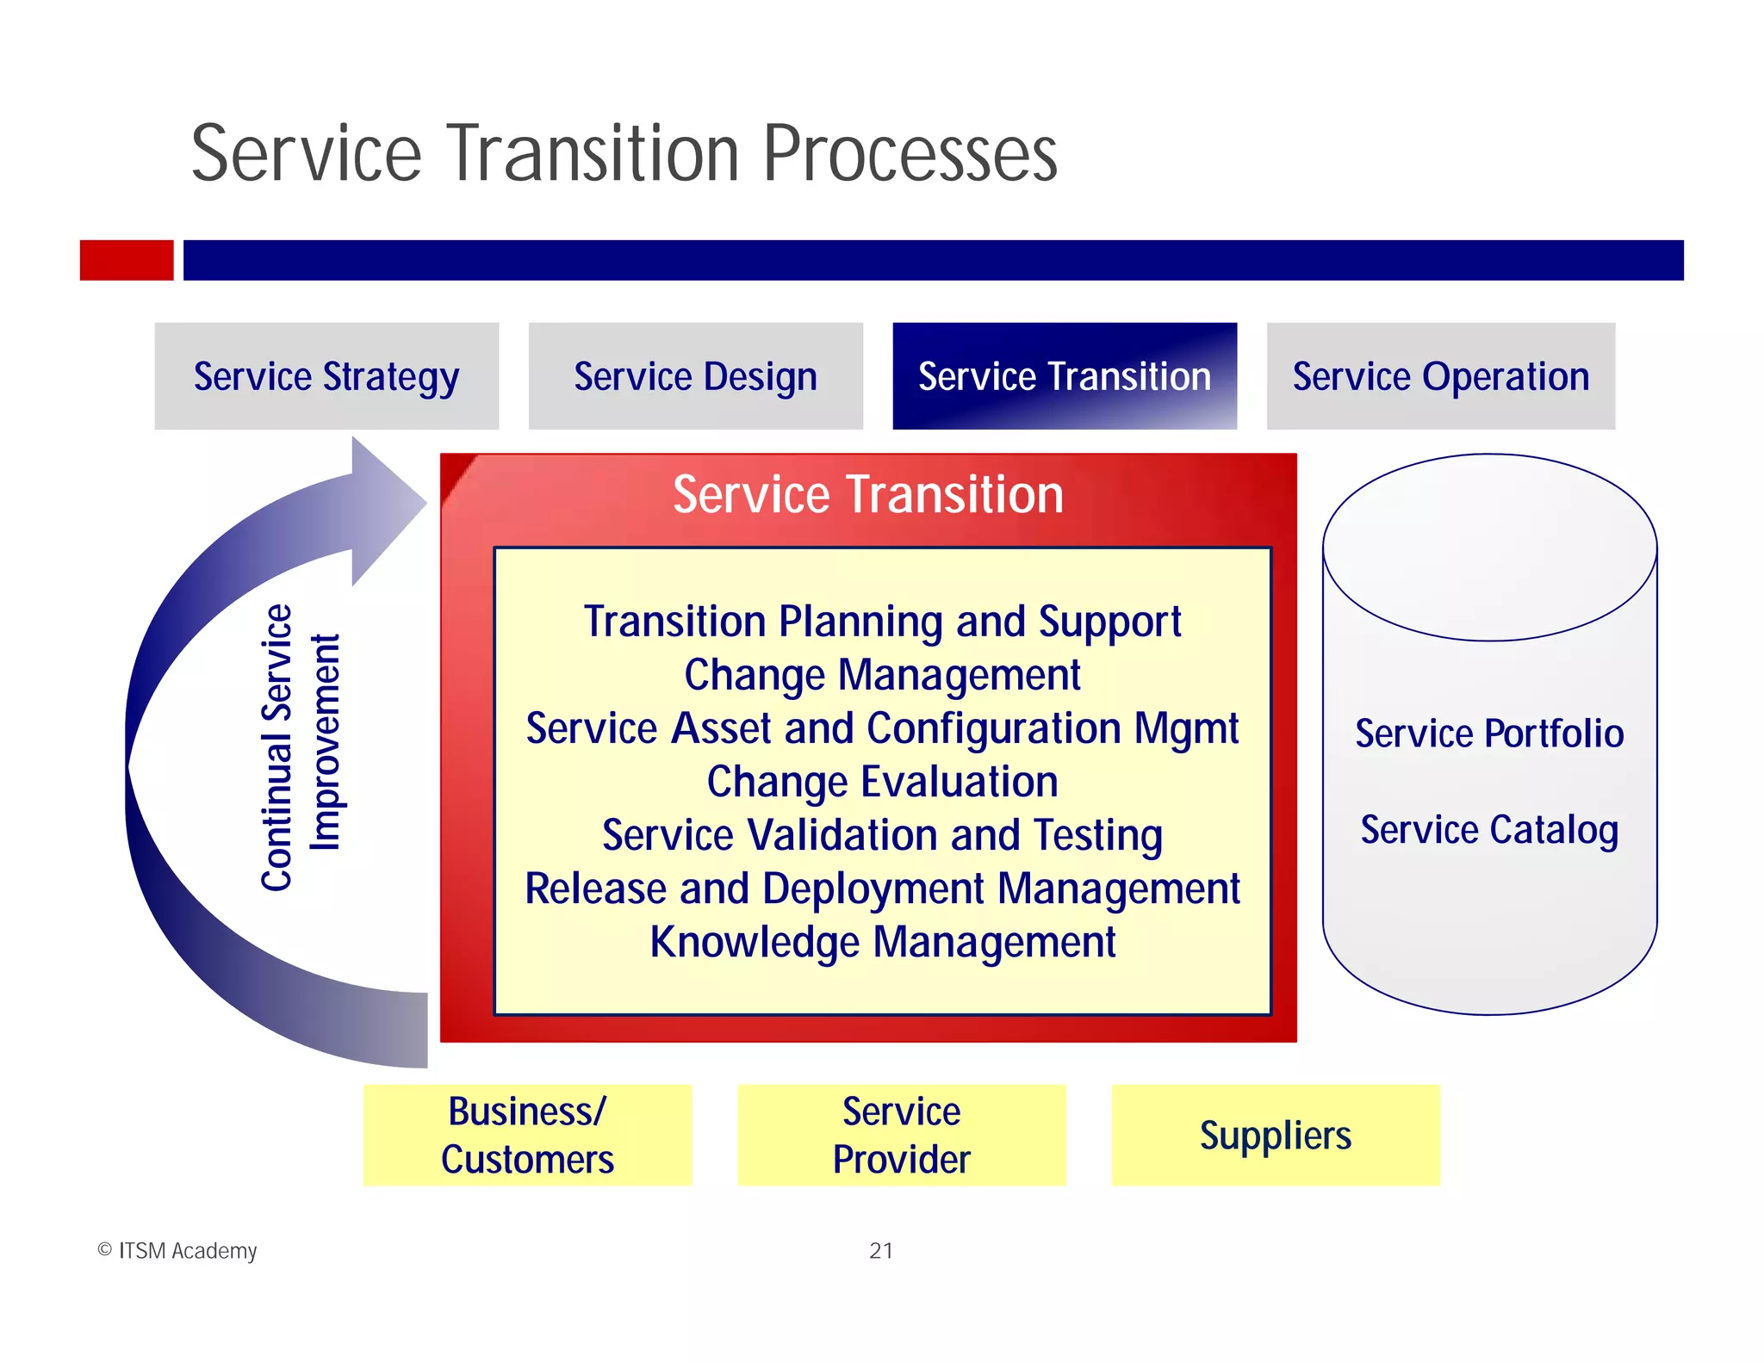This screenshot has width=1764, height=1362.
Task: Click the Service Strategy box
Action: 326,376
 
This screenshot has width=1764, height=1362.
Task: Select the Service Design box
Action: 695,376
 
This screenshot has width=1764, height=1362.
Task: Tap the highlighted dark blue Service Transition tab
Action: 1064,376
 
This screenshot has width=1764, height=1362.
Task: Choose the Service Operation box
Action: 1440,376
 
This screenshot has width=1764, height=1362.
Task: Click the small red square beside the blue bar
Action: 127,260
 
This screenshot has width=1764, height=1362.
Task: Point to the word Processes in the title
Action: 910,154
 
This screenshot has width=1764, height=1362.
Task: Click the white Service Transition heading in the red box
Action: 867,495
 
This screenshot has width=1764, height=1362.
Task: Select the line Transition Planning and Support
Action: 882,622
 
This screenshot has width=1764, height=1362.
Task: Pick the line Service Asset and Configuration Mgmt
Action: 882,728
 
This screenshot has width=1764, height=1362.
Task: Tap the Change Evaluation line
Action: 882,782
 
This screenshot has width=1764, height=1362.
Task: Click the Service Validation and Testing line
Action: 882,835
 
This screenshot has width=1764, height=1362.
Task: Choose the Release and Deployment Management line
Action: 882,888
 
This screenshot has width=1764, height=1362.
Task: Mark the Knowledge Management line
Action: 882,942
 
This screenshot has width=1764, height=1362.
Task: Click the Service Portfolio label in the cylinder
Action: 1489,734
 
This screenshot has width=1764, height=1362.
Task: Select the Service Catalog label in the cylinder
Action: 1489,830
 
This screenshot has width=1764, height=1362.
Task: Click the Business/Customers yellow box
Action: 527,1135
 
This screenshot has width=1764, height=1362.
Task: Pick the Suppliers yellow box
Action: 1275,1135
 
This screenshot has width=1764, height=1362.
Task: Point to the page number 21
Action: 881,1250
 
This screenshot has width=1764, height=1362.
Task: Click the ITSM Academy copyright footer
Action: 177,1250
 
